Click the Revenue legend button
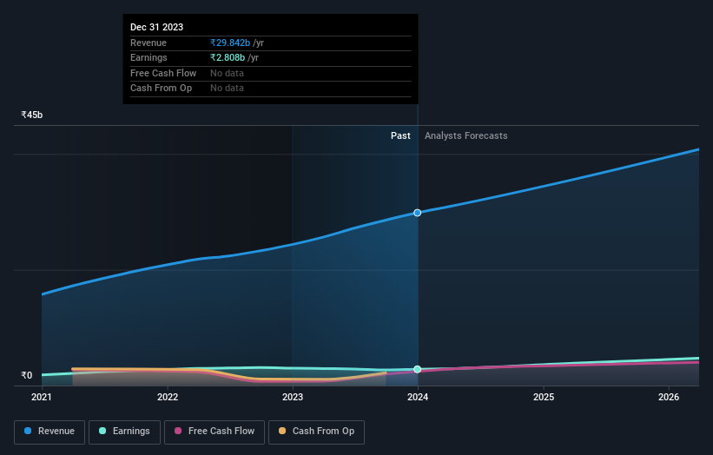50,432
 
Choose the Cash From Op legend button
316,432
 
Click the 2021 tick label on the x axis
42,398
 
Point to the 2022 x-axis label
168,398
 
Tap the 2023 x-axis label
293,398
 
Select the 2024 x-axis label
418,398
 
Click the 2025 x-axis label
544,398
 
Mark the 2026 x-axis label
669,398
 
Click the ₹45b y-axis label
32,115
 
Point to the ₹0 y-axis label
26,376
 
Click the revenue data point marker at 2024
418,213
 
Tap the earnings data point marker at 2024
418,369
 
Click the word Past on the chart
400,135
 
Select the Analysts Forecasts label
465,135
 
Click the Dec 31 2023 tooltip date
156,28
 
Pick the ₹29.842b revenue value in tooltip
229,43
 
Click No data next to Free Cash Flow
227,73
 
